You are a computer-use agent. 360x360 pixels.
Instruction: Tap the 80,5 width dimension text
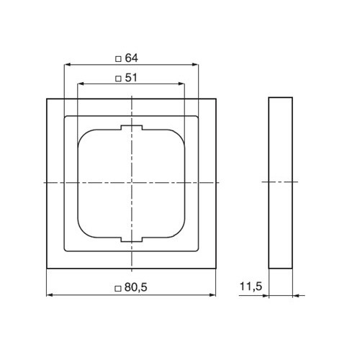click(136, 287)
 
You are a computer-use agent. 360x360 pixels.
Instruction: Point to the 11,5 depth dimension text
click(251, 287)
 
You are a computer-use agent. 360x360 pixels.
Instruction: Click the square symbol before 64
click(119, 58)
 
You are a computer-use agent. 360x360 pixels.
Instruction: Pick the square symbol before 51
click(119, 77)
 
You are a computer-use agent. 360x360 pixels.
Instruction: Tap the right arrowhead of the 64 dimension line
click(197, 65)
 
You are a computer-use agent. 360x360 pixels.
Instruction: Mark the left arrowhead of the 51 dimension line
click(78, 84)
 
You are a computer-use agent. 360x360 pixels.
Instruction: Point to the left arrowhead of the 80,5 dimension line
click(49, 294)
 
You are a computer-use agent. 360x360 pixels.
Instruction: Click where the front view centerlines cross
click(132, 184)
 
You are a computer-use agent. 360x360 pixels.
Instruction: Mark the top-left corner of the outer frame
click(47, 96)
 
